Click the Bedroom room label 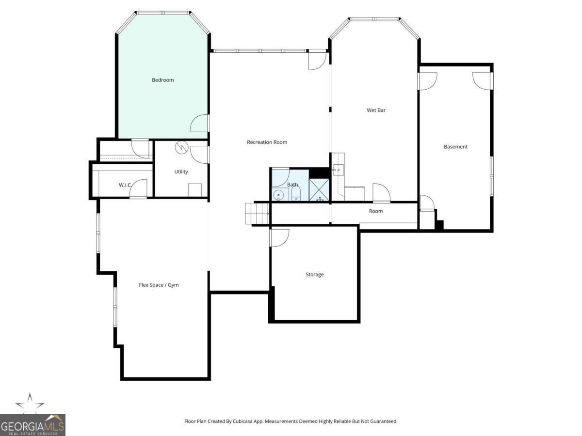pyautogui.click(x=162, y=80)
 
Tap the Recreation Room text pyautogui.click(x=267, y=142)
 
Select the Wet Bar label pyautogui.click(x=376, y=110)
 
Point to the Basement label pyautogui.click(x=455, y=147)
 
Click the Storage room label pyautogui.click(x=314, y=275)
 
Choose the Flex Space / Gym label pyautogui.click(x=159, y=285)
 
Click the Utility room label pyautogui.click(x=181, y=172)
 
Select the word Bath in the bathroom pyautogui.click(x=292, y=185)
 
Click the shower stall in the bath pyautogui.click(x=319, y=190)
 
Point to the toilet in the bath pyautogui.click(x=296, y=195)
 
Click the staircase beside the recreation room pyautogui.click(x=257, y=214)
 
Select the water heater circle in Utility pyautogui.click(x=181, y=146)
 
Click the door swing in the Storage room pyautogui.click(x=279, y=237)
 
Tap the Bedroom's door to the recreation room pyautogui.click(x=200, y=124)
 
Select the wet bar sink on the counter pyautogui.click(x=338, y=170)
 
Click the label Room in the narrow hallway pyautogui.click(x=375, y=211)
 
